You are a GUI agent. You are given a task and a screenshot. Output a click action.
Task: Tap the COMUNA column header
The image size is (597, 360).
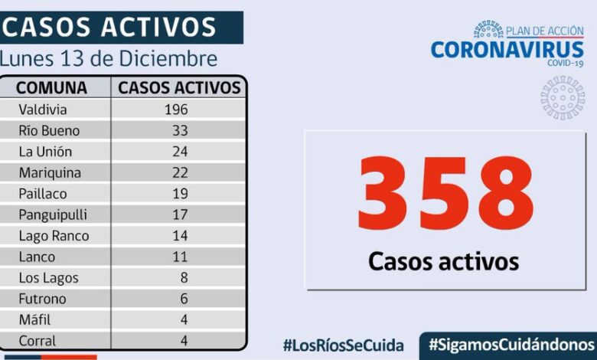(x=51, y=87)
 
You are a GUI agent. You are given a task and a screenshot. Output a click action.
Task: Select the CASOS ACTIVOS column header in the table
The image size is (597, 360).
(x=179, y=87)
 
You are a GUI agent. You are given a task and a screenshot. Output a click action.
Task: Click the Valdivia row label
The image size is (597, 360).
(x=43, y=110)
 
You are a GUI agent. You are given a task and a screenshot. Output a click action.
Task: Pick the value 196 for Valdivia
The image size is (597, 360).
(x=175, y=110)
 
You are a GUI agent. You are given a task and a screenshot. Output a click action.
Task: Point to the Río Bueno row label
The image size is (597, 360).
(x=49, y=130)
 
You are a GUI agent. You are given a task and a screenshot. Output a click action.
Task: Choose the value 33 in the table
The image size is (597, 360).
(x=180, y=130)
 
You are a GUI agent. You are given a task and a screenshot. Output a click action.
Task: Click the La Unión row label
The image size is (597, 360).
(x=45, y=152)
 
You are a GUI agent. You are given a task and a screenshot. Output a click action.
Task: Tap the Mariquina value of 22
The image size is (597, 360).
(x=180, y=173)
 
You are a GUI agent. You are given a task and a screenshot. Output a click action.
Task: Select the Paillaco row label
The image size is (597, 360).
(x=42, y=194)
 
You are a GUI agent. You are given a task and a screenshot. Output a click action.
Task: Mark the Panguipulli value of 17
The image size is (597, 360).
(x=180, y=215)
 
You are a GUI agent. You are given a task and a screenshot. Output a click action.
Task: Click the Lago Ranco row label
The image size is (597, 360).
(x=54, y=236)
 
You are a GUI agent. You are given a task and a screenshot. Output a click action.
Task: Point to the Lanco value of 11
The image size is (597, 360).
(x=180, y=257)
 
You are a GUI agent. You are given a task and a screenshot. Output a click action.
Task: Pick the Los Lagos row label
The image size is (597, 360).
(x=48, y=278)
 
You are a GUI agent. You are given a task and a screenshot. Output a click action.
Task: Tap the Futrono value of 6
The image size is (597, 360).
(x=184, y=299)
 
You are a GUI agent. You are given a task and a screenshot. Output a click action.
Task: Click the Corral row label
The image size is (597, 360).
(x=38, y=342)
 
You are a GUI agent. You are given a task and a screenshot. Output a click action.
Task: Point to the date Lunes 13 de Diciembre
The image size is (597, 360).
(x=109, y=59)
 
